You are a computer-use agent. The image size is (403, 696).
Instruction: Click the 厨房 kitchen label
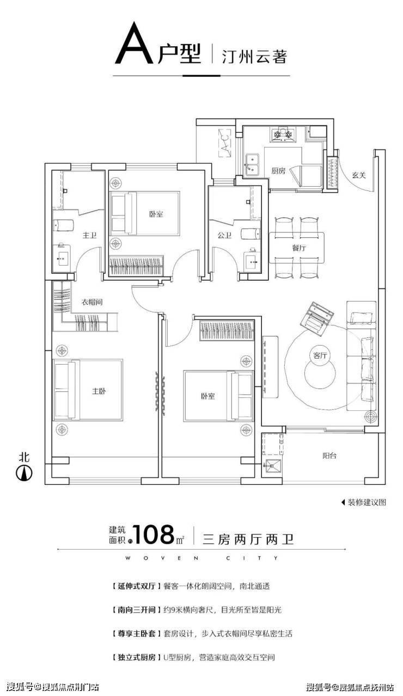click(278, 171)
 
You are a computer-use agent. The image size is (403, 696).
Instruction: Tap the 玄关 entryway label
click(358, 175)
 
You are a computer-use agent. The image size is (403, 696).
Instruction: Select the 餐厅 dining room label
click(299, 248)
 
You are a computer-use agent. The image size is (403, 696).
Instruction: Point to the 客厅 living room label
click(320, 355)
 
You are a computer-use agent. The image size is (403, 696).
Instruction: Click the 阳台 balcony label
click(329, 456)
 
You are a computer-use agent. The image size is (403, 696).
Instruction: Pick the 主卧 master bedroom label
click(99, 391)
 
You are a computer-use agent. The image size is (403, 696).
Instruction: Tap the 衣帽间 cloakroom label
click(91, 301)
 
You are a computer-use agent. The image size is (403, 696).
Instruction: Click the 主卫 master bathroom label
click(89, 235)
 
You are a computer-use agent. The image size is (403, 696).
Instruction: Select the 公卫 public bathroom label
click(224, 235)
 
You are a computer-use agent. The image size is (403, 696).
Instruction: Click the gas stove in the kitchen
click(283, 134)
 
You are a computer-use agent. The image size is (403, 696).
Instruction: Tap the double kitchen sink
click(253, 163)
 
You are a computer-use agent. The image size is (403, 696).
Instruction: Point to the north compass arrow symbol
click(24, 473)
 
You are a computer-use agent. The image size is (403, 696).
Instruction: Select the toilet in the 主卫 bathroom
click(63, 225)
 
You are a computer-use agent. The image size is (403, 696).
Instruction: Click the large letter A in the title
click(135, 43)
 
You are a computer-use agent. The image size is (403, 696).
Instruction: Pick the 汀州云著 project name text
click(254, 56)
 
